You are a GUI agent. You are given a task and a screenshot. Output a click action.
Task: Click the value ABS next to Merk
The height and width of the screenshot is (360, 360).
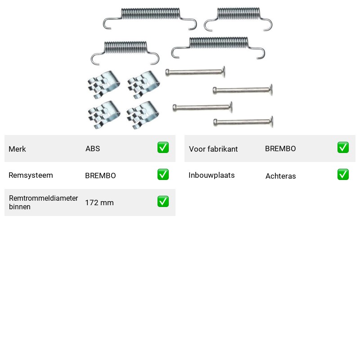tap(93, 148)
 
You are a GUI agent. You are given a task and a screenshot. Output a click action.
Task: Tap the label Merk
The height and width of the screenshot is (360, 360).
tap(17, 149)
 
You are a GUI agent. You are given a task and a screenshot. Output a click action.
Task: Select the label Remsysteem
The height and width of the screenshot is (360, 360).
tap(31, 175)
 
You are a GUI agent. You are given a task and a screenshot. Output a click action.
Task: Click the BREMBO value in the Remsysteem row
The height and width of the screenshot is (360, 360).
tap(100, 175)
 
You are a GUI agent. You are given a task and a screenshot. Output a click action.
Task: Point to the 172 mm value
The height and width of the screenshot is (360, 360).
tap(99, 203)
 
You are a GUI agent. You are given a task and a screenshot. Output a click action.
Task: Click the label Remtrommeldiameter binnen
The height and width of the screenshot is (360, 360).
tap(43, 202)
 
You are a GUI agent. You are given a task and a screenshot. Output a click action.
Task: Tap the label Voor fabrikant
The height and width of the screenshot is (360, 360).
tap(213, 149)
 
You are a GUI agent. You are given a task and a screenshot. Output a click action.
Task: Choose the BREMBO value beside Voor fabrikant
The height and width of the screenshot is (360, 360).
tap(280, 148)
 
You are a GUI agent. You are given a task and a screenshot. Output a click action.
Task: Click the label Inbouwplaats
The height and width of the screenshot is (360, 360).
tap(211, 175)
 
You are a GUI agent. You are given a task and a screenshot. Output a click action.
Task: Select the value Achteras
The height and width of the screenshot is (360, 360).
tap(280, 176)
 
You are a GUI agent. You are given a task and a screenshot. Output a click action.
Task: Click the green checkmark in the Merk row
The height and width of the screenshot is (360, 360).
tap(163, 148)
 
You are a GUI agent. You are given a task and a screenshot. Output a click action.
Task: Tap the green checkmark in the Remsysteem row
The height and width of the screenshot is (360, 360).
tap(163, 175)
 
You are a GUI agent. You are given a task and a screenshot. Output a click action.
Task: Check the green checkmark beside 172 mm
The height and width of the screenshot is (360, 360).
tap(163, 201)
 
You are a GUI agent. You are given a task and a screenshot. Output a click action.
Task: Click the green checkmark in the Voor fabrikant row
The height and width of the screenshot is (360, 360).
tap(343, 148)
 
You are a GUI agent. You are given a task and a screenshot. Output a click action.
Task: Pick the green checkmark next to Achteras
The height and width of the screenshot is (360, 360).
tap(343, 175)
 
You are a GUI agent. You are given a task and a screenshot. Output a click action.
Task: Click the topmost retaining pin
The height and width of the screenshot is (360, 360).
tap(195, 72)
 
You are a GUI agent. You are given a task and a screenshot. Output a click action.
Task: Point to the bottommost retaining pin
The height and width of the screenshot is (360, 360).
tap(243, 122)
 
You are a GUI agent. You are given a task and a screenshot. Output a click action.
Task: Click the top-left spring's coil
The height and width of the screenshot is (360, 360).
tap(150, 13)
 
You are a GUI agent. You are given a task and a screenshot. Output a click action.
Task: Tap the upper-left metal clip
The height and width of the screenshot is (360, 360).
tap(104, 85)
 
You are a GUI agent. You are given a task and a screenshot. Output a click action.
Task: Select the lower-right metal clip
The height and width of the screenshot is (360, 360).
tap(143, 115)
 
